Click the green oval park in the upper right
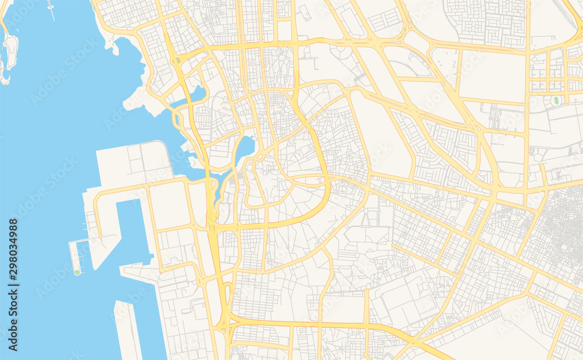click(556, 101)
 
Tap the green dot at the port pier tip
click(77, 272)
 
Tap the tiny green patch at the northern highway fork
click(93, 8)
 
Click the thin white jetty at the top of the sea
click(51, 10)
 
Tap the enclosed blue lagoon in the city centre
click(245, 149)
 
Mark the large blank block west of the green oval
click(492, 76)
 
